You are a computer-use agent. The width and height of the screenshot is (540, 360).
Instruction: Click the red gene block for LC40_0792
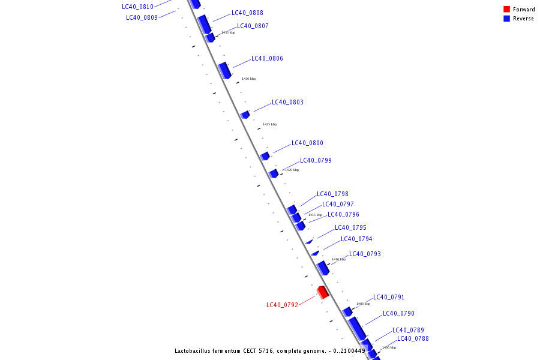[x=323, y=292]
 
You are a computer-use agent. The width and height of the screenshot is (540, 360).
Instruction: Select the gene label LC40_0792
[x=282, y=305]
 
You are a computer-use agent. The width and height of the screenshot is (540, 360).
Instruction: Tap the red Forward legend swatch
[x=507, y=9]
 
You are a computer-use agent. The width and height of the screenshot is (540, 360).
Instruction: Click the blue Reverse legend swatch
[x=507, y=19]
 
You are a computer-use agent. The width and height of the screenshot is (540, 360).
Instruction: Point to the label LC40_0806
[x=267, y=59]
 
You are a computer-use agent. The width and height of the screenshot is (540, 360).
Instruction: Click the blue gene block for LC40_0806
[x=224, y=70]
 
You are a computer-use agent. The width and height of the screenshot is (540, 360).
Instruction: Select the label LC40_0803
[x=287, y=103]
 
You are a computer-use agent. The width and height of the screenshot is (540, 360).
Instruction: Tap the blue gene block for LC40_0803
[x=245, y=115]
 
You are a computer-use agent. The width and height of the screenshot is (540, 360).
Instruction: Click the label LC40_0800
[x=307, y=143]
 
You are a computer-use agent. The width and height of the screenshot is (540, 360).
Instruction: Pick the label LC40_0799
[x=316, y=161]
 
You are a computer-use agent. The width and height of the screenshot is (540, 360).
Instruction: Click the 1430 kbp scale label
[x=248, y=79]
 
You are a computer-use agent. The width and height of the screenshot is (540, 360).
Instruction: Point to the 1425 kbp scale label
[x=269, y=124]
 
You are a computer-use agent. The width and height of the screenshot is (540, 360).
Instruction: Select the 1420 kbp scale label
[x=292, y=170]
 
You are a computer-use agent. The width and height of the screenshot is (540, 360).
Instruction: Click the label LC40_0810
[x=137, y=7]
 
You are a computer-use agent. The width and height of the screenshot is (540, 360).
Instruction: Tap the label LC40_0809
[x=142, y=18]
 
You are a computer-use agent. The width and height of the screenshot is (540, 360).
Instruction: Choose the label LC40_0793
[x=365, y=254]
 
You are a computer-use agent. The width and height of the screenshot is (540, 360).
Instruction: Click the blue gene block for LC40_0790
[x=357, y=328]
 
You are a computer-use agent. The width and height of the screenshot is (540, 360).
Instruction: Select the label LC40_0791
[x=389, y=298]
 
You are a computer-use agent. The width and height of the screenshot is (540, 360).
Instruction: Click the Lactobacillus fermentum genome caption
[x=270, y=350]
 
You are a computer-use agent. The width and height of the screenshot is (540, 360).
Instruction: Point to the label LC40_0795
[x=350, y=228]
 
